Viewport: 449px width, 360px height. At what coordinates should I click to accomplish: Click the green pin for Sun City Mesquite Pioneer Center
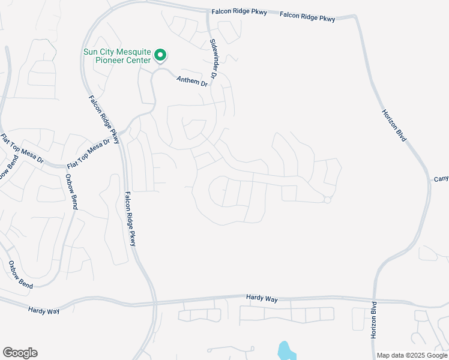tap(160, 56)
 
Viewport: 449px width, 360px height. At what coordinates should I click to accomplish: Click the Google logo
tap(20, 353)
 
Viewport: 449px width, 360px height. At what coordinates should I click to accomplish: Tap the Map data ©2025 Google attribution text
tap(412, 355)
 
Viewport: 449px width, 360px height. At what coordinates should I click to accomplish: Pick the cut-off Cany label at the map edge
tap(441, 179)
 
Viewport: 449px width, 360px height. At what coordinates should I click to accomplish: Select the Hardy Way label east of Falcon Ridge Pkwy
tap(259, 298)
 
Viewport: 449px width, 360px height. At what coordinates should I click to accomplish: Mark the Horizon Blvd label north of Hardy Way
tap(394, 125)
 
